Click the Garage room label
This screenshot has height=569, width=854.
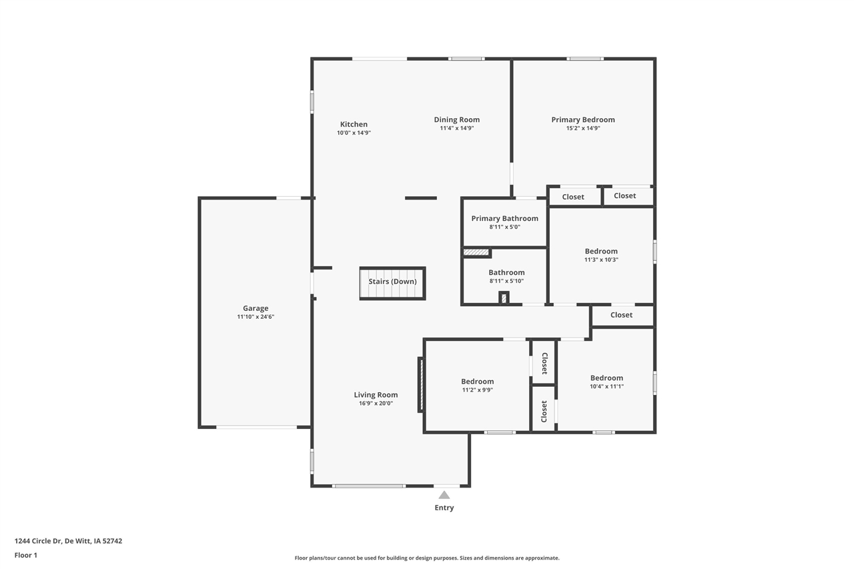(256, 308)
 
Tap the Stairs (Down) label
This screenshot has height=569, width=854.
(392, 281)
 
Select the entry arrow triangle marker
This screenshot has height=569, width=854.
(444, 495)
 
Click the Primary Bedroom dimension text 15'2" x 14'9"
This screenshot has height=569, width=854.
(583, 128)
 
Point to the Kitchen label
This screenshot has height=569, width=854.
(354, 124)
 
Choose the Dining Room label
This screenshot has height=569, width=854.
(457, 120)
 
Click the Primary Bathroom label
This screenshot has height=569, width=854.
(504, 218)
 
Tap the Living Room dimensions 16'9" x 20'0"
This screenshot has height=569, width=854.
(376, 403)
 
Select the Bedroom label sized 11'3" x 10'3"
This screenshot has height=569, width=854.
(601, 251)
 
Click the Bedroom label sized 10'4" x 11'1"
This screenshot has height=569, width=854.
(606, 378)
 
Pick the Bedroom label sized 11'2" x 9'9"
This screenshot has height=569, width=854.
(478, 382)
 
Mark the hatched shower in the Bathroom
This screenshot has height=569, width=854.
(476, 253)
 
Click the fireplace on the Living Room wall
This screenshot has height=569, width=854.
(420, 384)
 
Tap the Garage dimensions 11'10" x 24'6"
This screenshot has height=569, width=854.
(256, 317)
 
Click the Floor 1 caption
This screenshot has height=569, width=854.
(26, 555)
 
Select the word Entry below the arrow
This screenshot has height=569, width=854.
(444, 508)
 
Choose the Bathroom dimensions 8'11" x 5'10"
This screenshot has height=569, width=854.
(506, 281)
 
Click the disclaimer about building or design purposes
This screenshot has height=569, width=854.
(427, 558)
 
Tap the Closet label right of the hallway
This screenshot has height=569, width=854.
(621, 315)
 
